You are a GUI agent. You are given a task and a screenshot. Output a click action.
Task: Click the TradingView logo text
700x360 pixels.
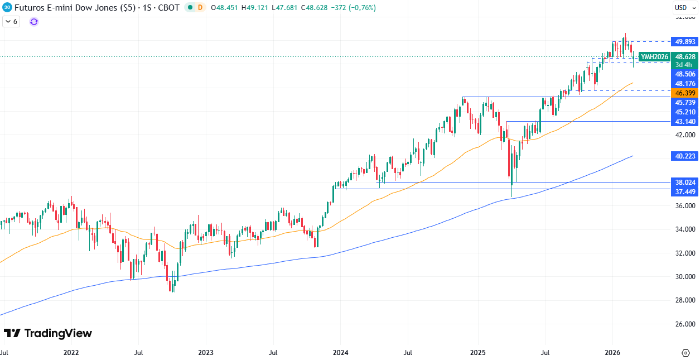48,333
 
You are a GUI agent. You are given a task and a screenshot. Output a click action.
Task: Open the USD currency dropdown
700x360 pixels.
683,8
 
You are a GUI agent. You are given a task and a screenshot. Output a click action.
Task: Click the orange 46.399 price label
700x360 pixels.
685,93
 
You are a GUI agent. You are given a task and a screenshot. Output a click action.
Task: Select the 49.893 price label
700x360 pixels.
685,42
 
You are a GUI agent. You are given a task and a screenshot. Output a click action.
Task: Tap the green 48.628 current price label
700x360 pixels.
685,57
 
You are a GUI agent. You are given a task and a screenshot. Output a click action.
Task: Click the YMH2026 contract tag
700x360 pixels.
654,57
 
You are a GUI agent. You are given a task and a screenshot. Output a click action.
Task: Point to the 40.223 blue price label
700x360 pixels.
685,157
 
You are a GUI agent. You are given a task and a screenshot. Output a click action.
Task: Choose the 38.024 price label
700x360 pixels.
685,182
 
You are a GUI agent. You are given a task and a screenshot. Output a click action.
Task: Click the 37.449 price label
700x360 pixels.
685,192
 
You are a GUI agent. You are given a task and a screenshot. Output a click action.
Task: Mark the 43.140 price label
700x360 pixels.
685,122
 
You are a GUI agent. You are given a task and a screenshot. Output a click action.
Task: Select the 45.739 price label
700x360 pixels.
685,103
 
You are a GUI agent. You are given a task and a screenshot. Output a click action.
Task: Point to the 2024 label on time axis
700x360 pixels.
340,353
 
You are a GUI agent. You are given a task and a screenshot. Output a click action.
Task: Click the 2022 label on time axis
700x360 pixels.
71,353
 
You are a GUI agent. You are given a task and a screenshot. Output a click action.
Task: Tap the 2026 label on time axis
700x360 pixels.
612,353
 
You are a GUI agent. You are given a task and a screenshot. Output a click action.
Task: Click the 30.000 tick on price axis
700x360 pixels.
685,277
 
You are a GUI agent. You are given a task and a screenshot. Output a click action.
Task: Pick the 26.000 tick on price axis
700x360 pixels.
685,324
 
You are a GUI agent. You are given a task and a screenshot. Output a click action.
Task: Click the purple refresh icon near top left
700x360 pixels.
34,22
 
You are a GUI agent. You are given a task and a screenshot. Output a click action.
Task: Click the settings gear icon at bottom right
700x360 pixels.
685,353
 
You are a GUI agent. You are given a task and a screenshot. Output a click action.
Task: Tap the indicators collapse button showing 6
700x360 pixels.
11,22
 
